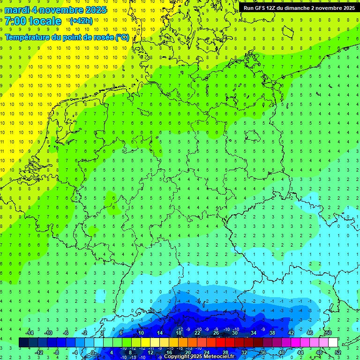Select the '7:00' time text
point(15,21)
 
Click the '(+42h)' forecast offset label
point(81,21)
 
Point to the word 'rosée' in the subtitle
point(100,37)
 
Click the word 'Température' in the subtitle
point(26,37)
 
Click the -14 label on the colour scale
point(30,333)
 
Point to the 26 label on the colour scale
point(216,333)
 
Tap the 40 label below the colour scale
point(282,352)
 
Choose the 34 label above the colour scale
point(254,333)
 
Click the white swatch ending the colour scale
point(333,342)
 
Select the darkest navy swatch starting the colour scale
point(23,342)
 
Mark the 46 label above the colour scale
point(310,333)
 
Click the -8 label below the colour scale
point(57,352)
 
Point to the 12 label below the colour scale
point(150,352)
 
